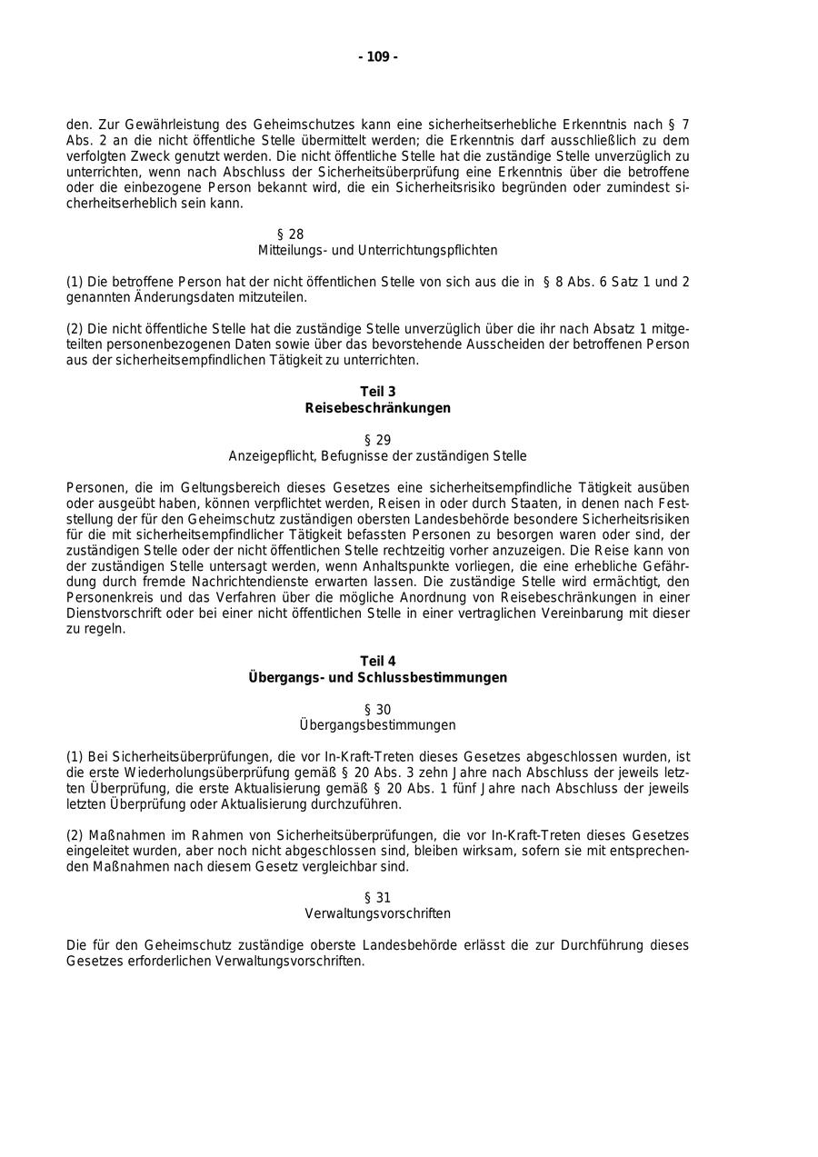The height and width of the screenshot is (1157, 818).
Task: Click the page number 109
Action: pos(378,57)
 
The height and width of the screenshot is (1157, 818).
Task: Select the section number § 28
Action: pos(291,234)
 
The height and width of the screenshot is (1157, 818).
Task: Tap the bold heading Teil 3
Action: pos(378,392)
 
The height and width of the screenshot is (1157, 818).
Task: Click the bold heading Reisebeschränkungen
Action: pos(378,408)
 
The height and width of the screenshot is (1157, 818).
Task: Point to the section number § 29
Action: pos(378,440)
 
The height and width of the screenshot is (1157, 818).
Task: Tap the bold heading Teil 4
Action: pos(378,661)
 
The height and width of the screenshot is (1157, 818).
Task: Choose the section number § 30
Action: pos(378,710)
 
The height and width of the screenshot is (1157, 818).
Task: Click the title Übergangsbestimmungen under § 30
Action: pos(378,725)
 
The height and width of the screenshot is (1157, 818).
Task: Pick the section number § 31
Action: pos(378,898)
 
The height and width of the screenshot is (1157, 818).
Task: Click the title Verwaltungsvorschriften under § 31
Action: pos(378,913)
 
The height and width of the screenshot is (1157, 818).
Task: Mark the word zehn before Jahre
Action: pos(465,773)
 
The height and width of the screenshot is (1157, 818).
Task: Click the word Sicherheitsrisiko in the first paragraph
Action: pos(440,187)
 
